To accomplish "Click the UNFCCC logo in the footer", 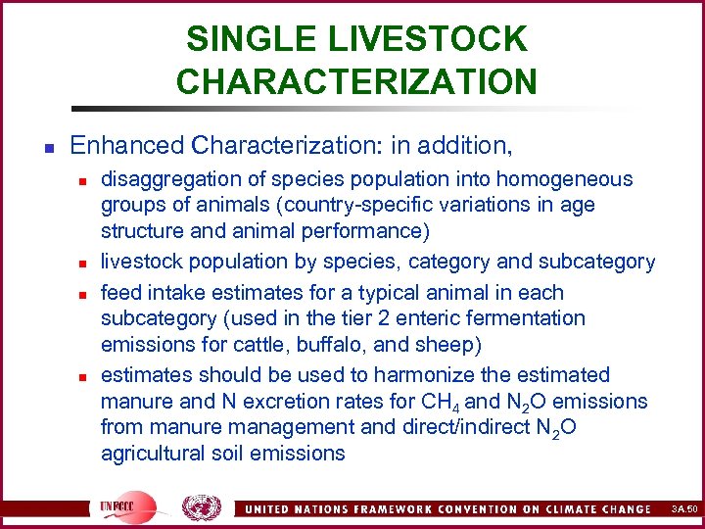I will [x=127, y=505].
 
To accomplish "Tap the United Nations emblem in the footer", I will [x=202, y=505].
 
